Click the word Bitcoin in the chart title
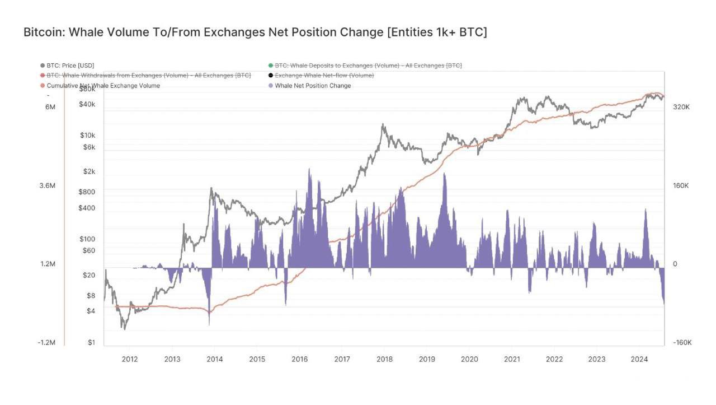tap(44, 32)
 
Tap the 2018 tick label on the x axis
tap(384, 359)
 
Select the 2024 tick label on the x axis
tap(639, 359)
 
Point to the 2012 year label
tap(130, 359)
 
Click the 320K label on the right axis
tap(681, 106)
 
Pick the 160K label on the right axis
tap(681, 185)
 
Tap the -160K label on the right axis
tap(682, 342)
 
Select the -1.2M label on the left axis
tap(46, 342)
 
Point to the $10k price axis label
tap(88, 135)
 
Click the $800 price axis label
tap(87, 192)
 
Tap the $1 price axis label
tap(91, 342)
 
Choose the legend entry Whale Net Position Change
tap(313, 86)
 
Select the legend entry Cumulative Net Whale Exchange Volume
tap(103, 86)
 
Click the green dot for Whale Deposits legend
tap(271, 66)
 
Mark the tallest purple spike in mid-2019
tap(445, 174)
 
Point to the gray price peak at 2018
tap(383, 125)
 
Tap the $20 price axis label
tap(89, 275)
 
